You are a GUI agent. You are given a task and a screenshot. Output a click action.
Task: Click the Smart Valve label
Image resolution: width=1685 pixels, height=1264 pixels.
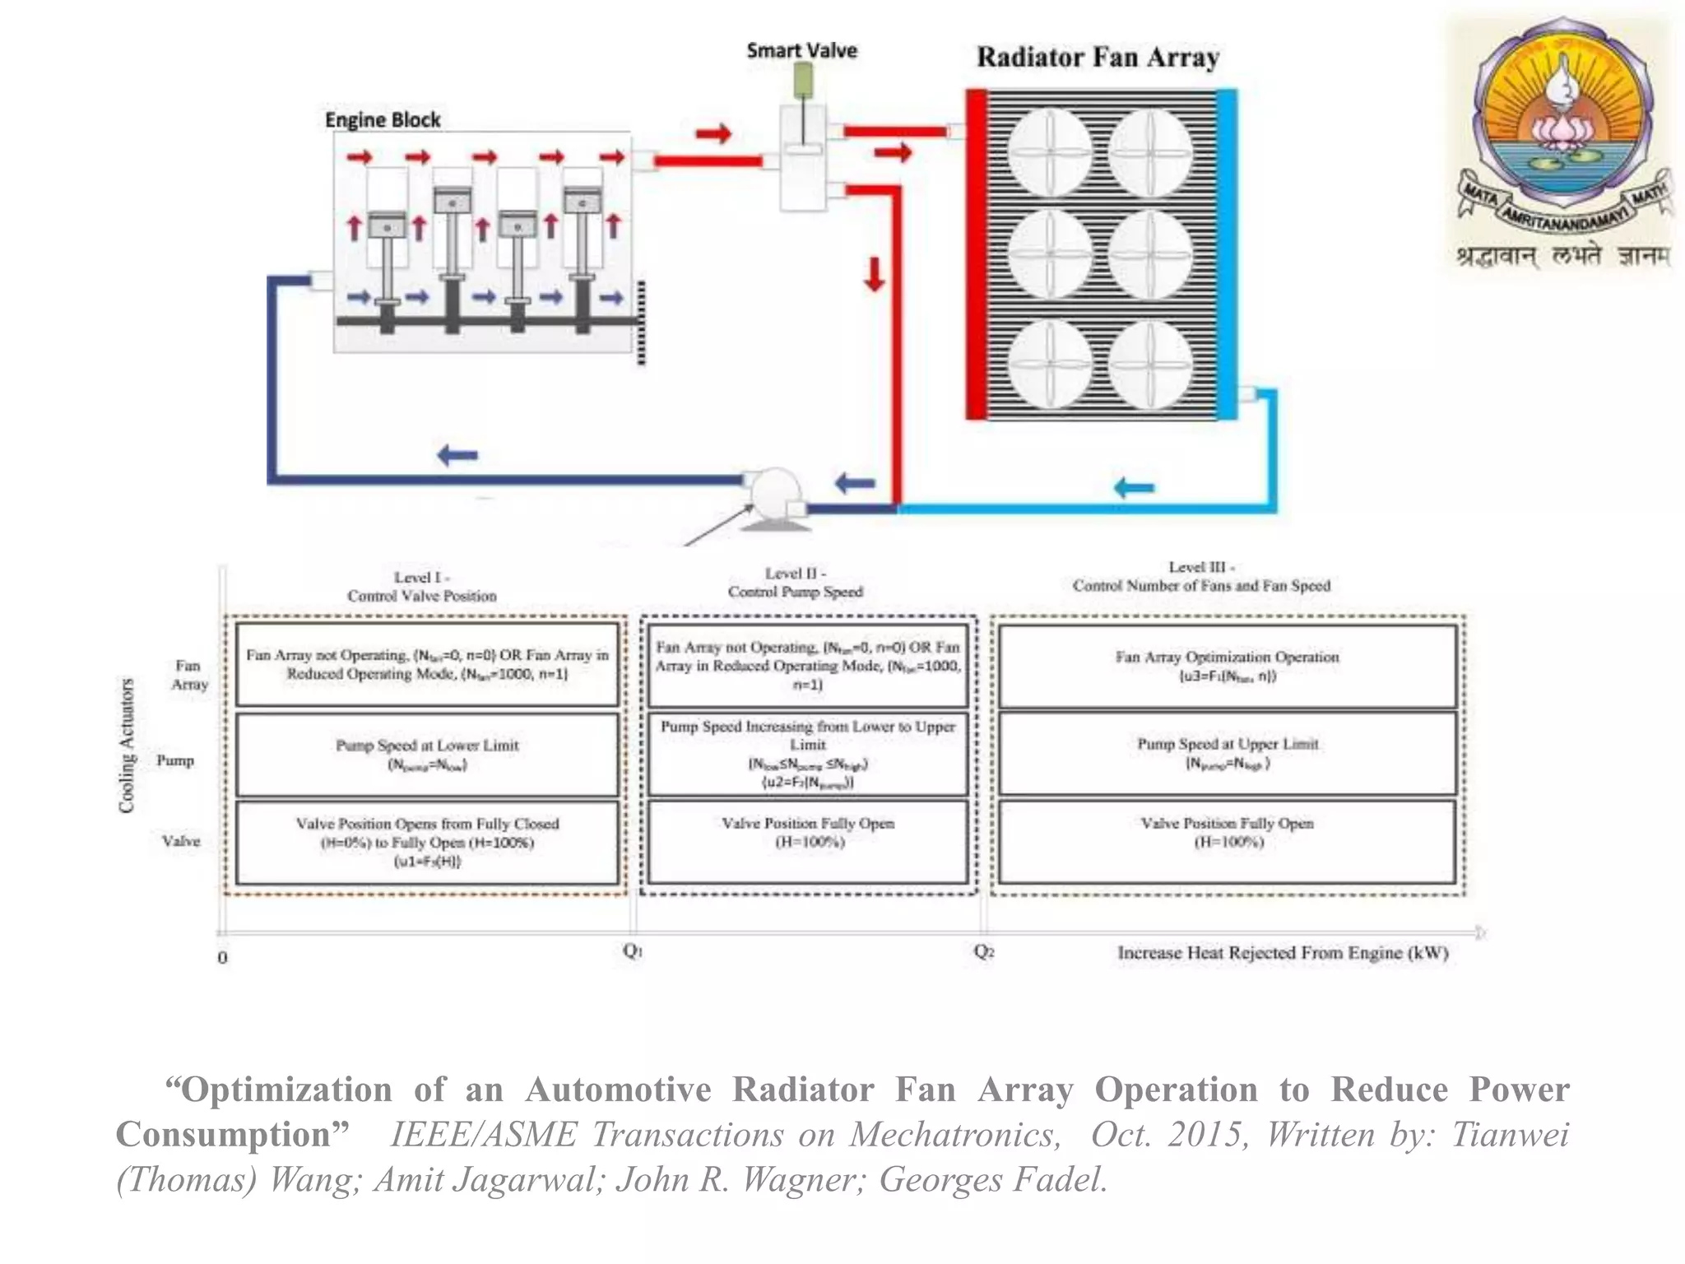[801, 51]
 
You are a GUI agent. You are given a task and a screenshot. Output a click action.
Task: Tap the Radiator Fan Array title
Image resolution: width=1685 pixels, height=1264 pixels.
[1098, 58]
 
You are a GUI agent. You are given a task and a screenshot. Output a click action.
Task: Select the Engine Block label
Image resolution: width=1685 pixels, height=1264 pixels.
[383, 120]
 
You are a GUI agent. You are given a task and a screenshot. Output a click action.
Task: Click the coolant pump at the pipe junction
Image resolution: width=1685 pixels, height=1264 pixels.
[775, 494]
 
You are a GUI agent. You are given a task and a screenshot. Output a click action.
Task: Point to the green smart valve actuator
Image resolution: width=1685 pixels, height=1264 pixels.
[802, 81]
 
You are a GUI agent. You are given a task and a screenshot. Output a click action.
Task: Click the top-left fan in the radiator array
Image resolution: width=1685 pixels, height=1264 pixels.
[1050, 153]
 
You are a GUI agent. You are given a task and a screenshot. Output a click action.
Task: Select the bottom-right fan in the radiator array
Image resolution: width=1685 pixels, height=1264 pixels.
[1150, 364]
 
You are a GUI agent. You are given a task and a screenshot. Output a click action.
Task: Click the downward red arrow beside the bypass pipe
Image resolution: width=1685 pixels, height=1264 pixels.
[874, 274]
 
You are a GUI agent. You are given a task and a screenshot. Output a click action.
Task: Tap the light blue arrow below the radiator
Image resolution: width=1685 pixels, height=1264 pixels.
[1134, 488]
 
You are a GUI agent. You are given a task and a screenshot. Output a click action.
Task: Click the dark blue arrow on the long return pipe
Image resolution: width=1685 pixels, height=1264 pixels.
[457, 454]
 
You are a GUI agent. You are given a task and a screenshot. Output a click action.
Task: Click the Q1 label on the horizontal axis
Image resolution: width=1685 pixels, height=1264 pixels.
[632, 951]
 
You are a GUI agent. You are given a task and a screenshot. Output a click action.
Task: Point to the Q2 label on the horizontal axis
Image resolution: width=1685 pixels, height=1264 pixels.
[984, 951]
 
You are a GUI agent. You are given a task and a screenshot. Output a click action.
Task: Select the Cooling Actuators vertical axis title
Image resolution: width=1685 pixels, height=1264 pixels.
[127, 746]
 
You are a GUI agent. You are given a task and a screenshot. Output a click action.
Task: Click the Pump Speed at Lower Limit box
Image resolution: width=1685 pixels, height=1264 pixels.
[427, 754]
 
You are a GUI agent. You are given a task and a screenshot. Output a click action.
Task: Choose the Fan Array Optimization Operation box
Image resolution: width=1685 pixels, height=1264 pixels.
[1227, 666]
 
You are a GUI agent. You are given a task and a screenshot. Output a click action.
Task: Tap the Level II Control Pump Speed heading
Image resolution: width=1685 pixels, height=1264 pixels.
[795, 583]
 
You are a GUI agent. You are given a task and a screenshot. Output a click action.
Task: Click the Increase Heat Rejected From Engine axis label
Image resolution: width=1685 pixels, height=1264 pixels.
[1282, 953]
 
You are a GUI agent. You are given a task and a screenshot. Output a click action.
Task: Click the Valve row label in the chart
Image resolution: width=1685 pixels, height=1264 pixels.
[180, 841]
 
